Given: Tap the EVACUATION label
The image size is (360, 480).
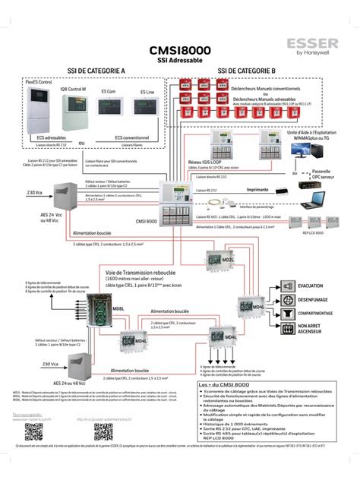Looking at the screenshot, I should [x=311, y=286].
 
